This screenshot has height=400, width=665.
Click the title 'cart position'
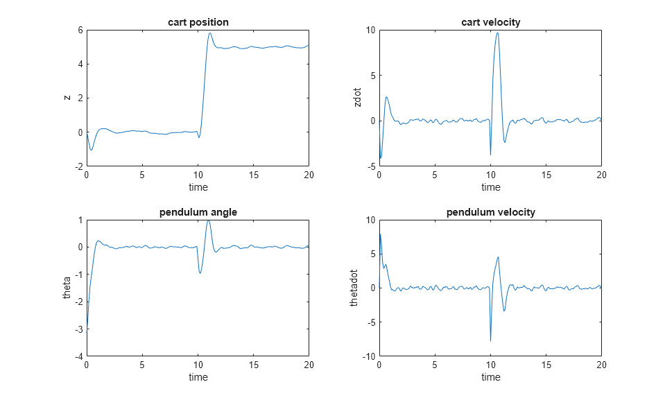pyautogui.click(x=198, y=22)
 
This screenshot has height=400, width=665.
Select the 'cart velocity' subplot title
pyautogui.click(x=490, y=22)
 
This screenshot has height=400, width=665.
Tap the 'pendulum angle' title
pyautogui.click(x=198, y=212)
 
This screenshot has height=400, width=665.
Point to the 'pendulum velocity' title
pyautogui.click(x=490, y=212)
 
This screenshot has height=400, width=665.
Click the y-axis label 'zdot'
pyautogui.click(x=358, y=98)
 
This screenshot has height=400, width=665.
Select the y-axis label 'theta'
pyautogui.click(x=67, y=288)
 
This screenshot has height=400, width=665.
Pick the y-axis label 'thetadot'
pyautogui.click(x=354, y=288)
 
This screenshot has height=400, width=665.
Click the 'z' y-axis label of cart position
pyautogui.click(x=67, y=98)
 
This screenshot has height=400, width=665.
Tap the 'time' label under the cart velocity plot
pyautogui.click(x=490, y=187)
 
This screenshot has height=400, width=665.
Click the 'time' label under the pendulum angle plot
pyautogui.click(x=198, y=377)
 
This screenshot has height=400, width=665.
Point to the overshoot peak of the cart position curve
pyautogui.click(x=209, y=33)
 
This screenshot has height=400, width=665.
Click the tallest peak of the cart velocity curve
pyautogui.click(x=497, y=33)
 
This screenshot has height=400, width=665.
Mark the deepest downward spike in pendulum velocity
pyautogui.click(x=490, y=341)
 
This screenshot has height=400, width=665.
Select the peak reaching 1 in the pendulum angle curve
pyautogui.click(x=208, y=220)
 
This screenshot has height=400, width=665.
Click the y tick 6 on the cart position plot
pyautogui.click(x=80, y=30)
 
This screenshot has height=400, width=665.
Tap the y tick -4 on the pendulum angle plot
pyautogui.click(x=78, y=356)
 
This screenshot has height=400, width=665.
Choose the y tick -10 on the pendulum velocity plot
pyautogui.click(x=368, y=356)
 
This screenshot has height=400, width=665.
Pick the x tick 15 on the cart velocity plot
pyautogui.click(x=546, y=175)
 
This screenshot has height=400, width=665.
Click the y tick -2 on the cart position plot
pyautogui.click(x=78, y=166)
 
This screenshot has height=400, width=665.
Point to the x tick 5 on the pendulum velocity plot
pyautogui.click(x=435, y=365)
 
